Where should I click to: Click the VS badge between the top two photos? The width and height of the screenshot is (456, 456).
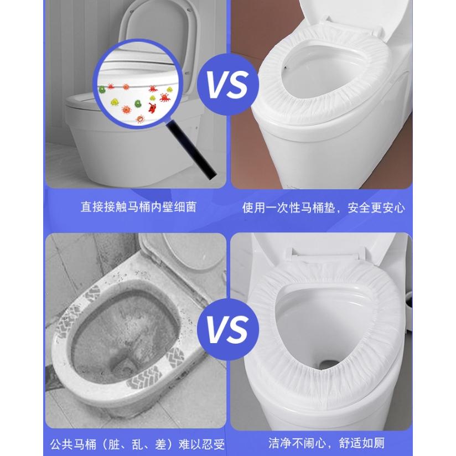tap(229, 84)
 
